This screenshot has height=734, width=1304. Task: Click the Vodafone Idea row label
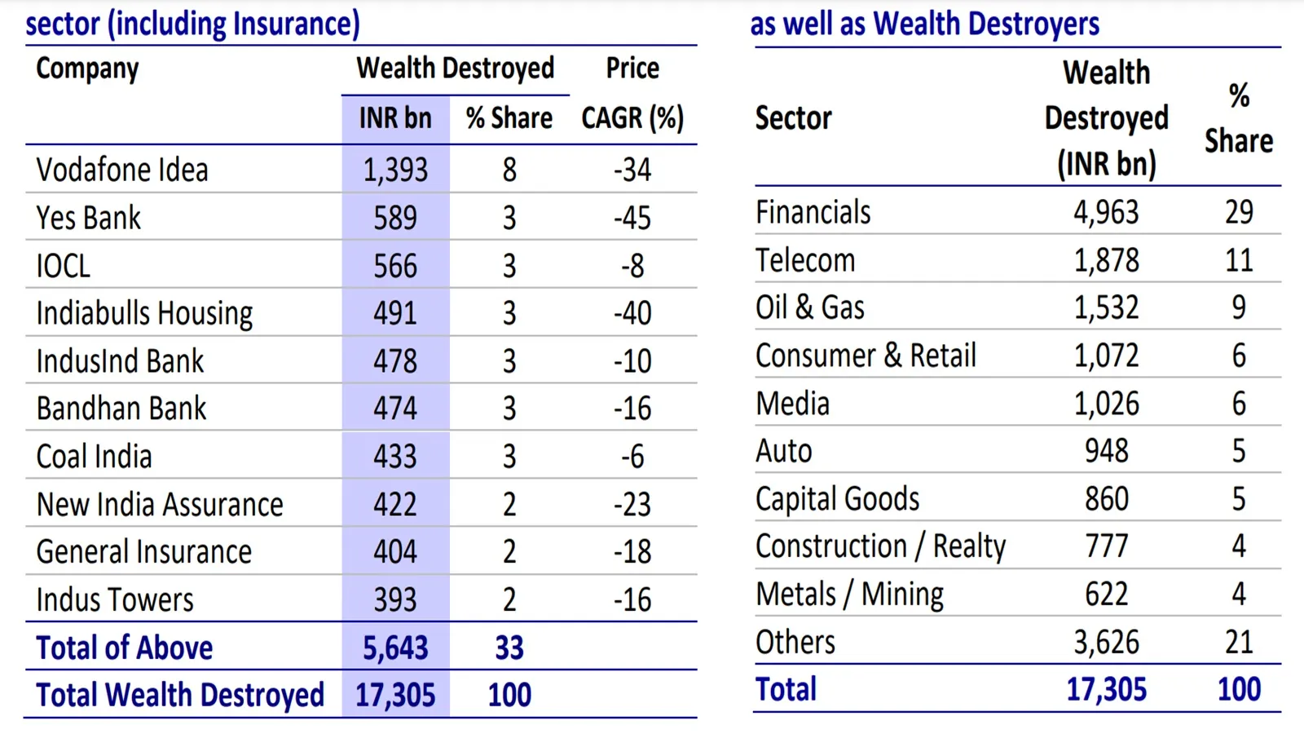pyautogui.click(x=122, y=170)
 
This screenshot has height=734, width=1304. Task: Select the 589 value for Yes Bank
pyautogui.click(x=395, y=218)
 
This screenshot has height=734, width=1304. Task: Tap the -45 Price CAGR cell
pyautogui.click(x=632, y=218)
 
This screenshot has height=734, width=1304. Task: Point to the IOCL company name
pyautogui.click(x=63, y=266)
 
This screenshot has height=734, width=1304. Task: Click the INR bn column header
pyautogui.click(x=395, y=118)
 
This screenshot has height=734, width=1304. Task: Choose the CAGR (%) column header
pyautogui.click(x=632, y=118)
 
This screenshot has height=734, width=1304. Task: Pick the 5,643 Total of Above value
pyautogui.click(x=395, y=648)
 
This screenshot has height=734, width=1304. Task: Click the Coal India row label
pyautogui.click(x=94, y=457)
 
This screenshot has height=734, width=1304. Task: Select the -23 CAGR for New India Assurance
pyautogui.click(x=632, y=504)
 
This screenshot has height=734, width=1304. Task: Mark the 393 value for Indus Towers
pyautogui.click(x=395, y=600)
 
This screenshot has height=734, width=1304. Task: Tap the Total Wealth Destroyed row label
pyautogui.click(x=180, y=695)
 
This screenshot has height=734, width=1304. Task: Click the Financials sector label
pyautogui.click(x=813, y=212)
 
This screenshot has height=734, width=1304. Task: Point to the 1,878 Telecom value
pyautogui.click(x=1106, y=260)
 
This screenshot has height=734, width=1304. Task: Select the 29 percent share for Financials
pyautogui.click(x=1239, y=212)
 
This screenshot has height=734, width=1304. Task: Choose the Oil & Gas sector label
pyautogui.click(x=809, y=307)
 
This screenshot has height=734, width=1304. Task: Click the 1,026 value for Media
pyautogui.click(x=1106, y=404)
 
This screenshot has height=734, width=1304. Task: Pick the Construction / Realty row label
pyautogui.click(x=880, y=546)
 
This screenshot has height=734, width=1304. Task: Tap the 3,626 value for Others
pyautogui.click(x=1106, y=643)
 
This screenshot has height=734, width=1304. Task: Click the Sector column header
pyautogui.click(x=793, y=118)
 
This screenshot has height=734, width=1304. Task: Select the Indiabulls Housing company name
pyautogui.click(x=144, y=313)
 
